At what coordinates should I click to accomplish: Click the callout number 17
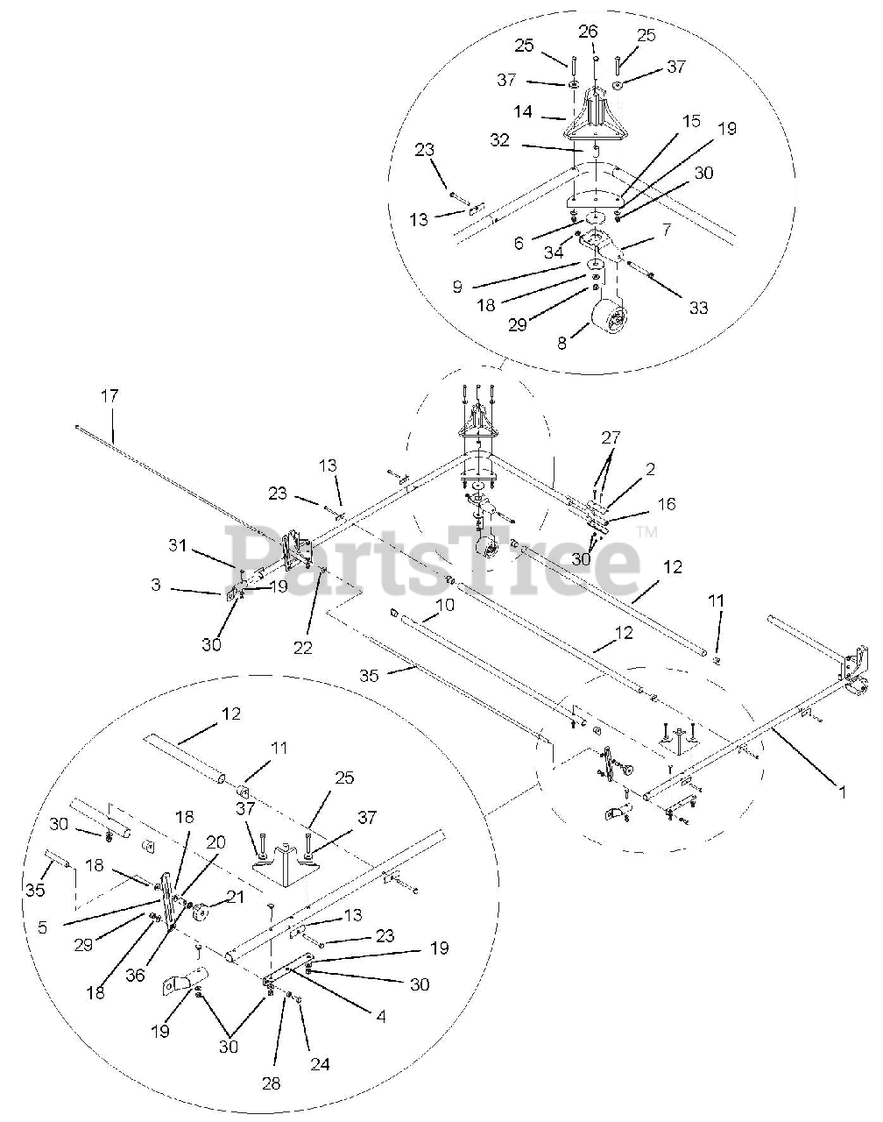pos(109,396)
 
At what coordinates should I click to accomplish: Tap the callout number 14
pos(548,113)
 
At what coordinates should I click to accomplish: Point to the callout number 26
pos(588,33)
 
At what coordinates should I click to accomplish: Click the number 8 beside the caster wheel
pos(562,343)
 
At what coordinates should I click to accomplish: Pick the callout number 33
pos(697,307)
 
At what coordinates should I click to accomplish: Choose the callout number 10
pos(445,605)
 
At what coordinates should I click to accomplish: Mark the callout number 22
pos(303,648)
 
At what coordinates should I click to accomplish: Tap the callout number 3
pos(155,585)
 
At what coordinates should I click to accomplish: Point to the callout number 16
pos(667,505)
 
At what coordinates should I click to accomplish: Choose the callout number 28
pos(271,1083)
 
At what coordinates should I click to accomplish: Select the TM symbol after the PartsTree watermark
pos(646,532)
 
